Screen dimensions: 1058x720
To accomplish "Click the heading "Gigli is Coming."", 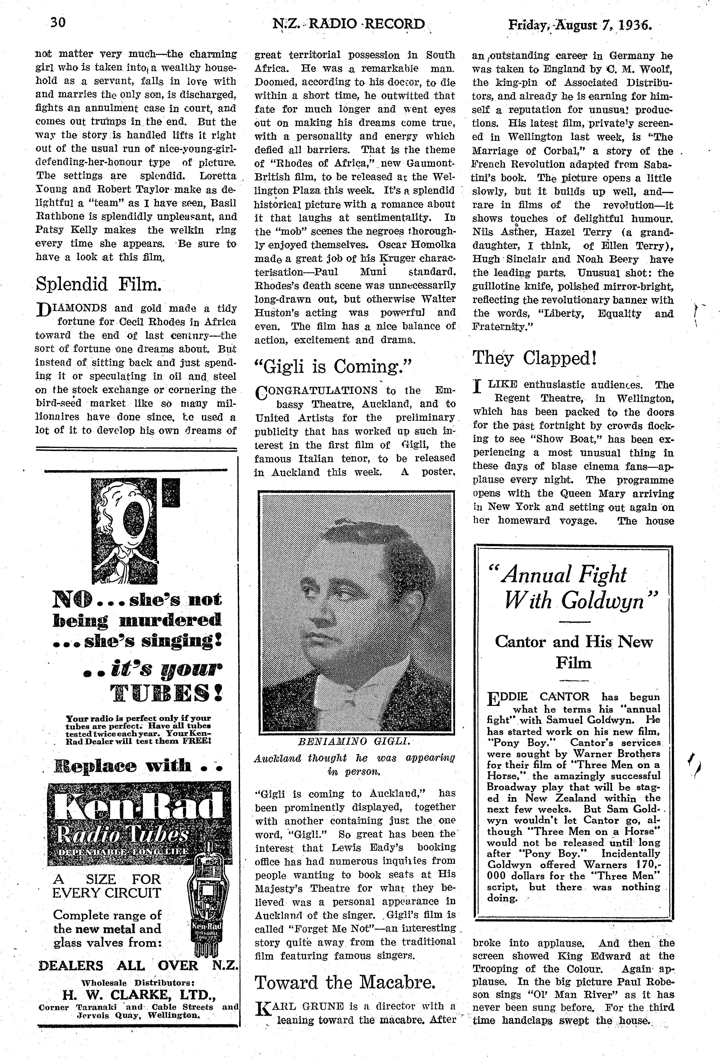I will click(333, 366).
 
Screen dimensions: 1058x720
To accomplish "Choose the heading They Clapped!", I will click(534, 358).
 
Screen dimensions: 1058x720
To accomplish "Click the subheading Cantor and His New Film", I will click(573, 652).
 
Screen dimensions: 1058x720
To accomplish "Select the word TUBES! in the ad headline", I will click(166, 692).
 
